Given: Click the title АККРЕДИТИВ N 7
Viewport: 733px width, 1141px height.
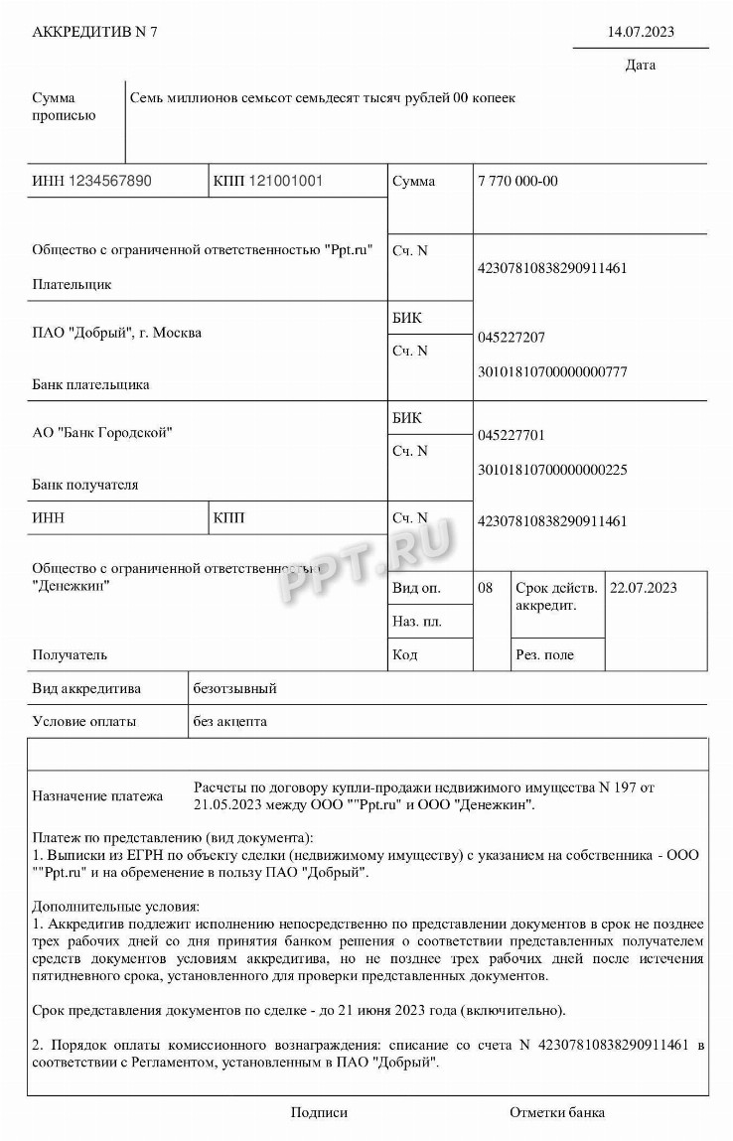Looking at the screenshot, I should (x=95, y=32).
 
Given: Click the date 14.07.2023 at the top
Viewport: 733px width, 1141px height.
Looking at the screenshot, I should (x=641, y=32).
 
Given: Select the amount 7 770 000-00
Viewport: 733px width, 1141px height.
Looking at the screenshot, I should (x=517, y=182).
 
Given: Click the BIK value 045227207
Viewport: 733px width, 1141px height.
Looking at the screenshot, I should (x=512, y=338).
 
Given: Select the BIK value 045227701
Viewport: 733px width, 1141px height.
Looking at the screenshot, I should (x=512, y=436).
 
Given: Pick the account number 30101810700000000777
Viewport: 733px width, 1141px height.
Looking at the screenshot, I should (x=552, y=372).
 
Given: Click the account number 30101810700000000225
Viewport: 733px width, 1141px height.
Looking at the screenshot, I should (x=552, y=470).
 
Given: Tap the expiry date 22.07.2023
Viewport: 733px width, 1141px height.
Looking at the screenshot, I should (x=644, y=588).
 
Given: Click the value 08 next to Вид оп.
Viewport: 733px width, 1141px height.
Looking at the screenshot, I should (x=486, y=588).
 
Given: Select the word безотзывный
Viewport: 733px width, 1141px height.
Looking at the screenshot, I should (x=234, y=688).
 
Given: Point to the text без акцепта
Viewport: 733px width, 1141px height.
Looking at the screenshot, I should (x=230, y=722).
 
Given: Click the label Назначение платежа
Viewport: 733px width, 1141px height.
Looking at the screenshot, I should (x=97, y=795).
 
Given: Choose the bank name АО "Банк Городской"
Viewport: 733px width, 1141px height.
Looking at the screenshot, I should (x=102, y=432).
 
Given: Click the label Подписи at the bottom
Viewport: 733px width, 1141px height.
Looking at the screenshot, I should (x=319, y=1112).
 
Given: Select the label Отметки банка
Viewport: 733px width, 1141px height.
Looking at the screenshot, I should (x=557, y=1112).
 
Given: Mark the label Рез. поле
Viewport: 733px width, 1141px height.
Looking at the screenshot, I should (x=545, y=654).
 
